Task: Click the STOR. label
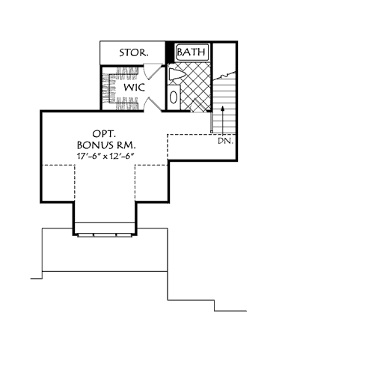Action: point(133,53)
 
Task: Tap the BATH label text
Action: point(191,52)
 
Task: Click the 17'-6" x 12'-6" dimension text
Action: point(103,156)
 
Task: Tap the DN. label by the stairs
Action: point(224,140)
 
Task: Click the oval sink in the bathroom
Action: point(174,96)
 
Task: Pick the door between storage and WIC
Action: point(152,72)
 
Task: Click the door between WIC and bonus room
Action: point(152,103)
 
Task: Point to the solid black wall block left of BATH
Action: point(169,53)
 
